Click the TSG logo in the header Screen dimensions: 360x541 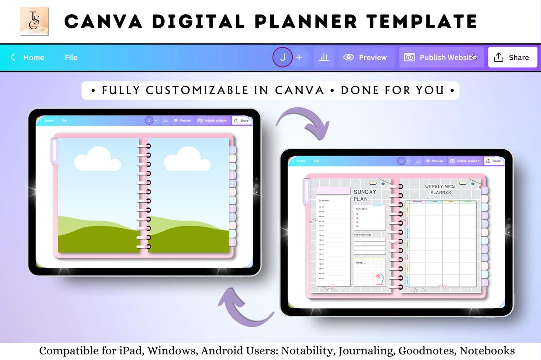(34, 21)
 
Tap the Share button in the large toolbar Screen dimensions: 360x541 (512, 57)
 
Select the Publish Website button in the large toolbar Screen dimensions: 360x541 (441, 57)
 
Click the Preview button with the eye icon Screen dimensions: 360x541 (365, 57)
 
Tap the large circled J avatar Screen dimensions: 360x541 (282, 57)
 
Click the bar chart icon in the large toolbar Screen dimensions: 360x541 (324, 57)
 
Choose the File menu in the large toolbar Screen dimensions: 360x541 (71, 57)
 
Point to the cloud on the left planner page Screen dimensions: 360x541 (97, 160)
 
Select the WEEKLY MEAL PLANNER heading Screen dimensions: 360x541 (441, 190)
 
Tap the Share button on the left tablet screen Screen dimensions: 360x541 (241, 121)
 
